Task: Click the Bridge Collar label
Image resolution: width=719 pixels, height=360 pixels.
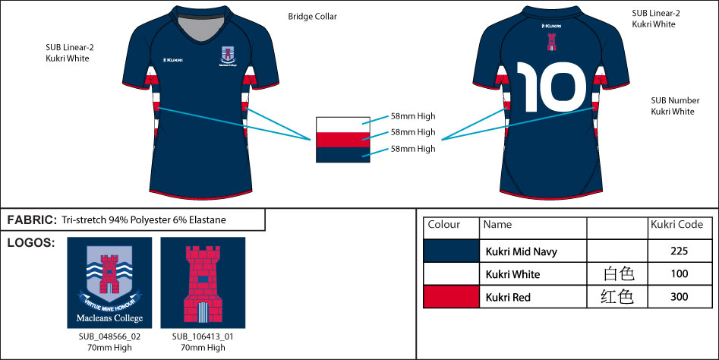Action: [x=312, y=16]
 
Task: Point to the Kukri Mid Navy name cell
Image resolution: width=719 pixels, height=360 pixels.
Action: [x=523, y=251]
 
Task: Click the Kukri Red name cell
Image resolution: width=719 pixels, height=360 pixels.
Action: [x=509, y=297]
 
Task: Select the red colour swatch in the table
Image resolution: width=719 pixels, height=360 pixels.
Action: [x=451, y=297]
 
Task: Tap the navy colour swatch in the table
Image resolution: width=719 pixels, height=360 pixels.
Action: [x=451, y=251]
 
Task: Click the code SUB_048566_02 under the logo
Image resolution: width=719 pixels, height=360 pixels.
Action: [x=109, y=336]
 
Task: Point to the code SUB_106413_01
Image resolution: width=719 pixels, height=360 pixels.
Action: [x=203, y=336]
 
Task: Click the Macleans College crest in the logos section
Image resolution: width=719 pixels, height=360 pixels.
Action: [x=109, y=281]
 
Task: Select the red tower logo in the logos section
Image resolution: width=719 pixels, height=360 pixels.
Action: [x=202, y=282]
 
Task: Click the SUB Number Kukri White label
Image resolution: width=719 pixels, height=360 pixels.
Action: [x=672, y=106]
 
